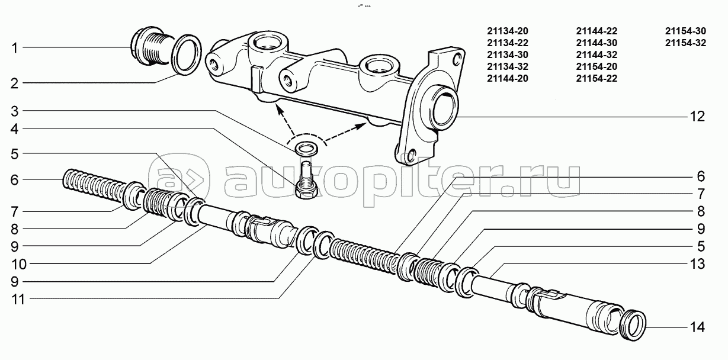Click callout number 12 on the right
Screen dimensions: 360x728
[x=697, y=117]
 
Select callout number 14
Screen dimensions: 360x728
[x=697, y=327]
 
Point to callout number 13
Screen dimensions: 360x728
[x=697, y=263]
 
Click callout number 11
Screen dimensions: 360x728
[x=17, y=299]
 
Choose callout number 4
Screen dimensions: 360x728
[x=15, y=128]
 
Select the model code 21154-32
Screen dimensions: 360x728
[x=685, y=43]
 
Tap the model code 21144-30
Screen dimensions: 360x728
[x=596, y=43]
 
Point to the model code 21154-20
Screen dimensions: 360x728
[x=596, y=66]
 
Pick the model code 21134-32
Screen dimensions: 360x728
[x=506, y=66]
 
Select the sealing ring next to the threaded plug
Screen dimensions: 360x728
[x=185, y=54]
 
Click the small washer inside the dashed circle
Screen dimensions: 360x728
[x=305, y=147]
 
